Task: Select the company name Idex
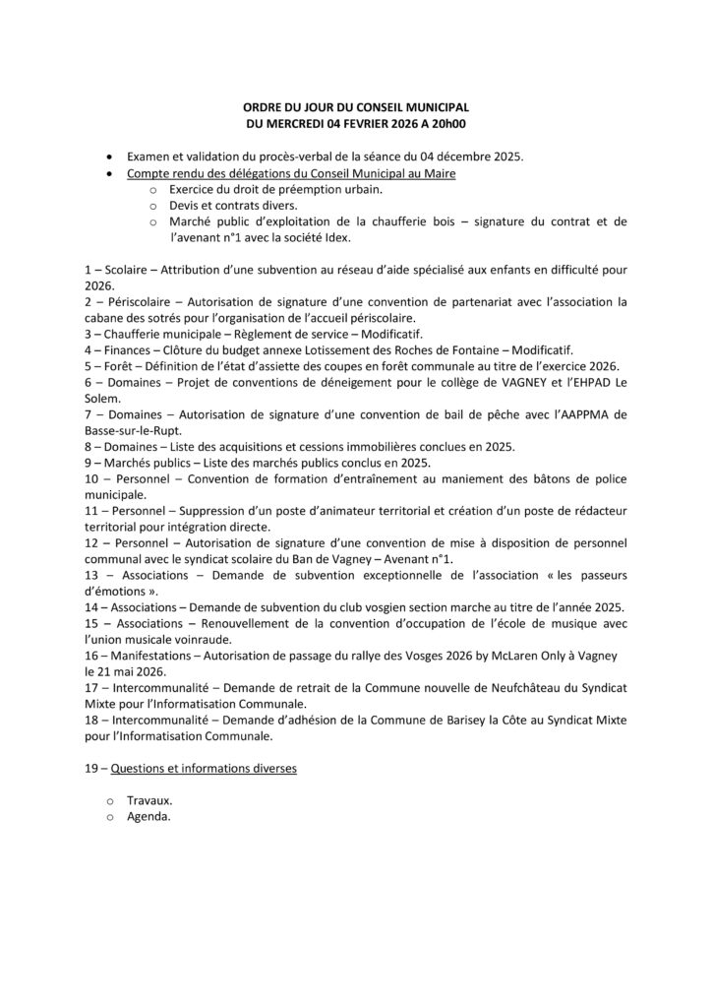point(337,237)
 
